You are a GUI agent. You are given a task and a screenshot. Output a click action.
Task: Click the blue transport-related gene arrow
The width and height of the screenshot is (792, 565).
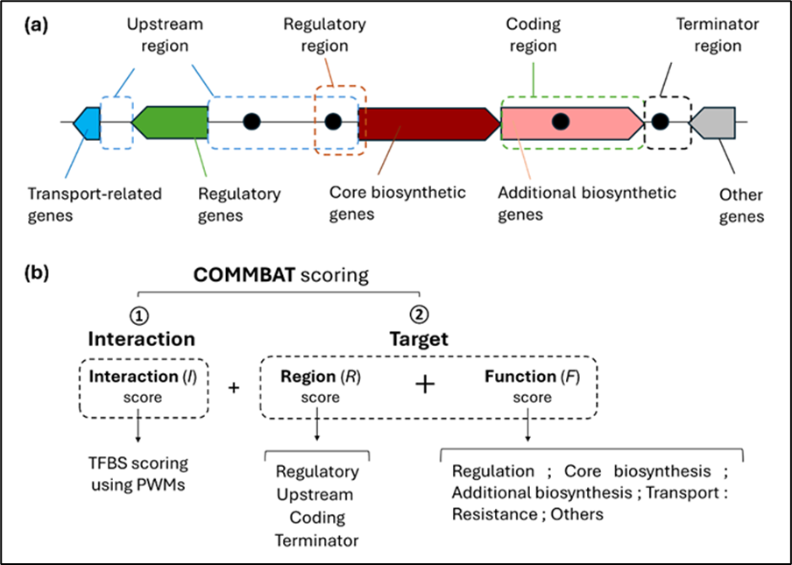(x=87, y=123)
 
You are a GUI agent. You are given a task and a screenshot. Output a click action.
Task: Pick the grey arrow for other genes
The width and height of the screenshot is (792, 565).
(x=711, y=123)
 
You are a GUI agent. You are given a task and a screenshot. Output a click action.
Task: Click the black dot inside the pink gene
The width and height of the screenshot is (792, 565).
(x=562, y=123)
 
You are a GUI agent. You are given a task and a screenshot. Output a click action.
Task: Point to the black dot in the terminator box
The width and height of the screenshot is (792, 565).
(x=661, y=123)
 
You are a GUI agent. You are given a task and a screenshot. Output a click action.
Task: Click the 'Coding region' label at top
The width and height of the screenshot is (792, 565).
(x=534, y=36)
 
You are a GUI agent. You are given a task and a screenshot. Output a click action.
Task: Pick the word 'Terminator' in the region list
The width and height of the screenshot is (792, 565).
(x=316, y=540)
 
